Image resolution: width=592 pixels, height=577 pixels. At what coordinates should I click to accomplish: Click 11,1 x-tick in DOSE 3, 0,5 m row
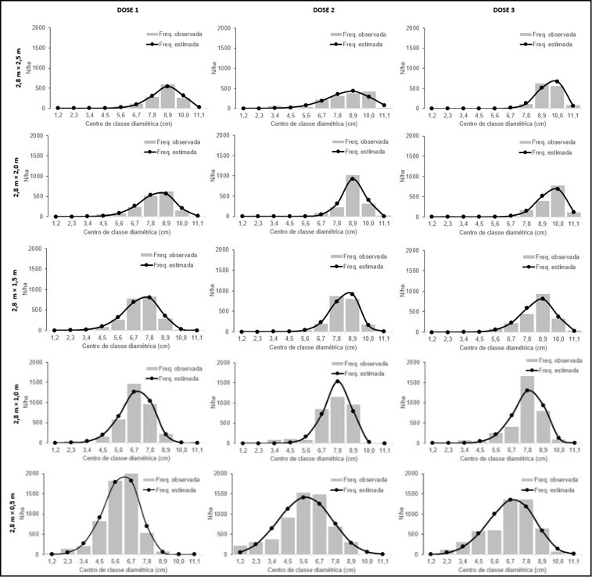tap(573, 561)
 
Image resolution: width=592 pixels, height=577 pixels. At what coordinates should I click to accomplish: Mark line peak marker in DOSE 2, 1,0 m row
tap(338, 382)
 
